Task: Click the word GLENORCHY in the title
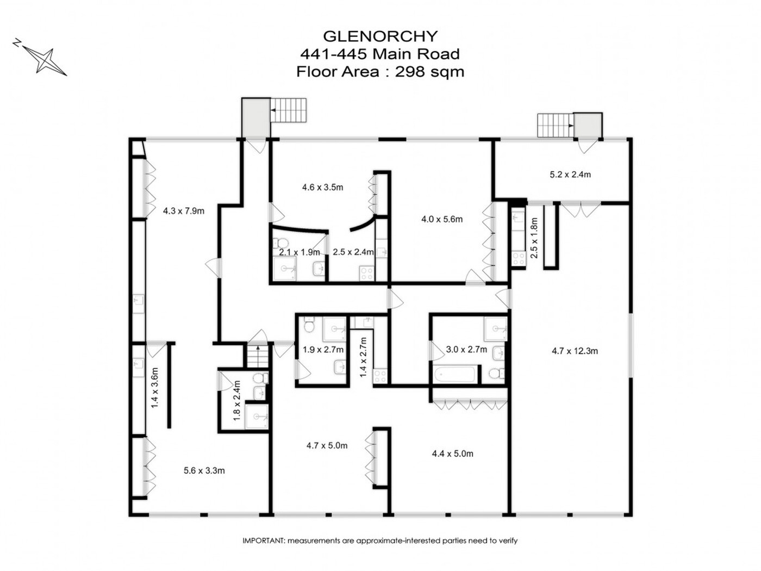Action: (380, 36)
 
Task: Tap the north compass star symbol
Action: (45, 61)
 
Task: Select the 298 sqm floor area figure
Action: (429, 72)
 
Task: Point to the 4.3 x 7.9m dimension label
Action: (183, 211)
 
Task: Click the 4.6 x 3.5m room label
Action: (322, 188)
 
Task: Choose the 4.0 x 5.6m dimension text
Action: (442, 220)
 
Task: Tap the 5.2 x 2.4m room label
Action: (570, 175)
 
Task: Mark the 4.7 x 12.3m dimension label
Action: (575, 351)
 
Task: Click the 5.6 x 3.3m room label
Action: (204, 471)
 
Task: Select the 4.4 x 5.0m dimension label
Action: (452, 454)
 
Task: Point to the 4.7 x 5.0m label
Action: (327, 445)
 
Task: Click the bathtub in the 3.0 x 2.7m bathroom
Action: (454, 375)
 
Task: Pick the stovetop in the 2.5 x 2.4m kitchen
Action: (367, 273)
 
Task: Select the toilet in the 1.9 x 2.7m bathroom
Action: (308, 325)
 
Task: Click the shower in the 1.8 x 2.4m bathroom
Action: (256, 417)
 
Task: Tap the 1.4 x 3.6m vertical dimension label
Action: (154, 388)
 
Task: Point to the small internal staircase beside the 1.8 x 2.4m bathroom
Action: (258, 355)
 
